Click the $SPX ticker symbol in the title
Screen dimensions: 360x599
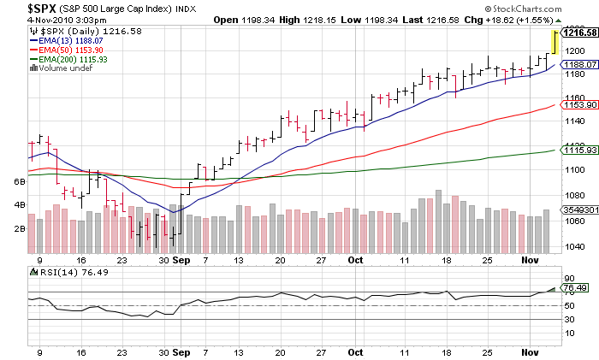(x=19, y=8)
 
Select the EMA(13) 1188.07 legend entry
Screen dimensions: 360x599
(x=66, y=39)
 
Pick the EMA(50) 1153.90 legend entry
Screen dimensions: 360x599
(x=66, y=50)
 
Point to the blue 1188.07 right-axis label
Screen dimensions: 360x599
(x=580, y=64)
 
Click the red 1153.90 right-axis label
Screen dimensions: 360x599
(x=580, y=104)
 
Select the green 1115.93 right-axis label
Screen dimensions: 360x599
(x=580, y=150)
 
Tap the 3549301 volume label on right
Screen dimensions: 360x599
(x=580, y=209)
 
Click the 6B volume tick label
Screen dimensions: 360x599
(x=19, y=182)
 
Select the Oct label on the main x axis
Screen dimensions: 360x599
(x=355, y=257)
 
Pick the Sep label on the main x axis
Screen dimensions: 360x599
(x=181, y=257)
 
